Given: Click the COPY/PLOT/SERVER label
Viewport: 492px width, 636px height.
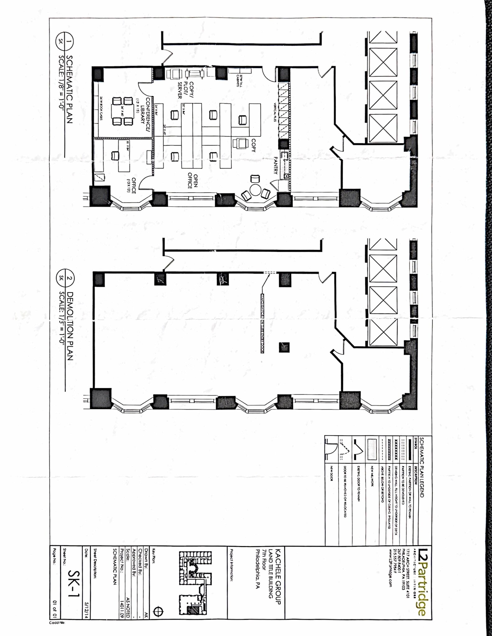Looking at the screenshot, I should pyautogui.click(x=185, y=90).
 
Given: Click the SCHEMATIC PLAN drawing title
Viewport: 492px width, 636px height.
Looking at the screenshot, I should pyautogui.click(x=69, y=89).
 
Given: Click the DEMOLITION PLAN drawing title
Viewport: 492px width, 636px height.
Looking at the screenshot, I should pyautogui.click(x=70, y=326).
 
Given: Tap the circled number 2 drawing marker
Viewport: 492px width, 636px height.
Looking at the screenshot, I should pyautogui.click(x=69, y=278).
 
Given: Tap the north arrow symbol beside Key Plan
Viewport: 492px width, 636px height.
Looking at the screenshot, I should pyautogui.click(x=159, y=612).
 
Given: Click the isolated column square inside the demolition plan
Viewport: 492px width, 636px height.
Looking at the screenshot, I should pyautogui.click(x=284, y=347).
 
